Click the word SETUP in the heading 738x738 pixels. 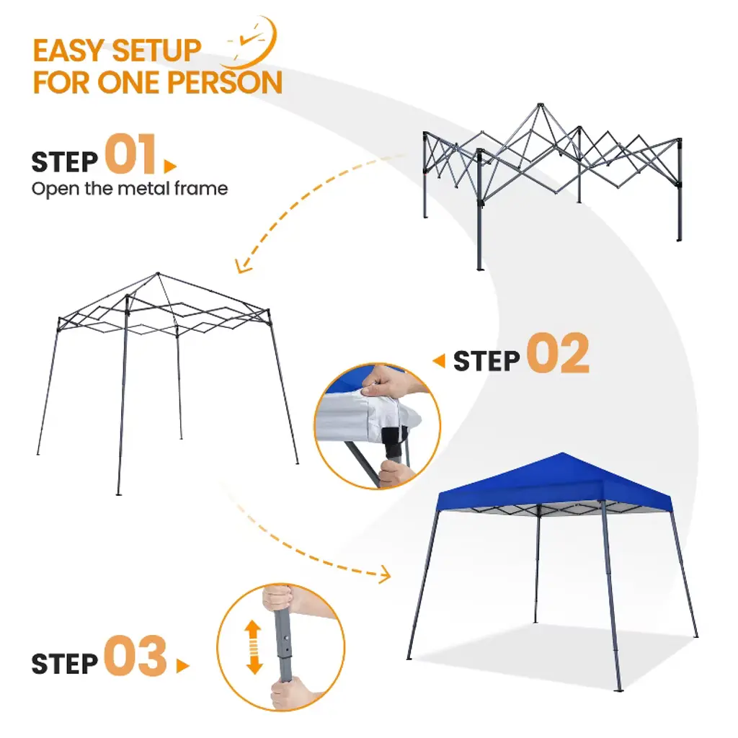coord(156,50)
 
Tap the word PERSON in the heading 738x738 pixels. coord(225,83)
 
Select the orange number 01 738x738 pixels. coord(130,154)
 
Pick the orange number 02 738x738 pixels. coord(558,353)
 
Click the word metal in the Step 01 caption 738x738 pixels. coord(143,188)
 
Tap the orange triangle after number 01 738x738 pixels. coord(169,166)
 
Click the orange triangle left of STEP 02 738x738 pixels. coord(439,361)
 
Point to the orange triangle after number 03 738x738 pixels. coord(182,666)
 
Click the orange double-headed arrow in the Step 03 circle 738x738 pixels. coord(254,646)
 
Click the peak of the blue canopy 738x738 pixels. coord(562,453)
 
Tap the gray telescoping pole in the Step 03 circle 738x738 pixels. coord(284,645)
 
